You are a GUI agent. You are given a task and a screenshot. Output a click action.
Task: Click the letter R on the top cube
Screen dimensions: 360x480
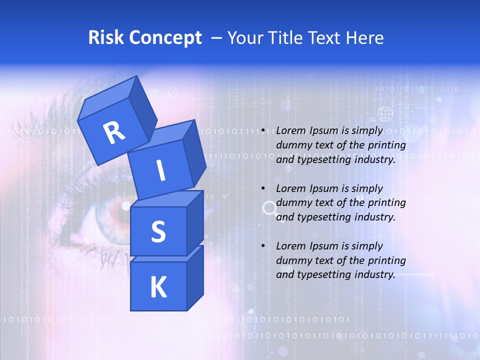114,132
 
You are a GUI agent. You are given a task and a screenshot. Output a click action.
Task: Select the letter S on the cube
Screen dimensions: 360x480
158,231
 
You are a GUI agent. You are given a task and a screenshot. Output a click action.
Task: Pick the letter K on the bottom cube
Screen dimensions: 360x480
158,287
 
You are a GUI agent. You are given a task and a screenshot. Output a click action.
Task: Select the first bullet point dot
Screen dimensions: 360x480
263,130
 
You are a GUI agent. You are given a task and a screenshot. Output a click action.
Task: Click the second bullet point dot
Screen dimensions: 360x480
263,188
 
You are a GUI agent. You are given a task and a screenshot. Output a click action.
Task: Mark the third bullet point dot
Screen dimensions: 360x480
263,246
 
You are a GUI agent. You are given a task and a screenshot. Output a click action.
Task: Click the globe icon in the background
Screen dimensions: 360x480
385,114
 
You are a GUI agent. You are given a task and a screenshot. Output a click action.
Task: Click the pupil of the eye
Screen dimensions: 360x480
124,206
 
